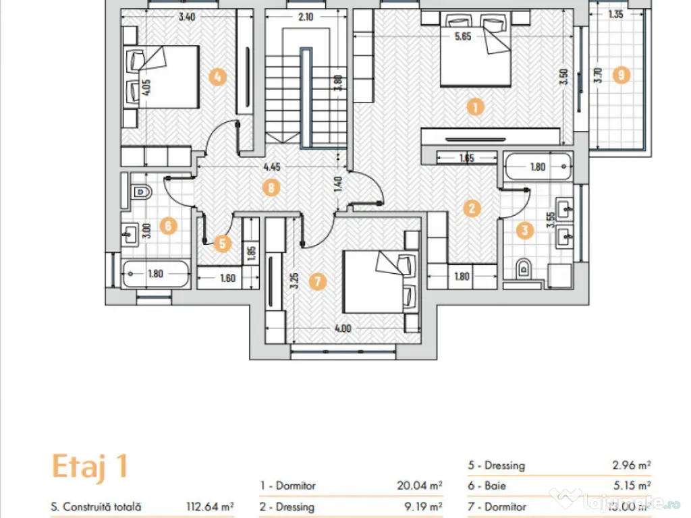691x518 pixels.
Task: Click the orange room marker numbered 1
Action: (476, 107)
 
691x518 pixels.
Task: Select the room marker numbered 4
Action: (217, 77)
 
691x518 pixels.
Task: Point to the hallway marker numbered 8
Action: (271, 188)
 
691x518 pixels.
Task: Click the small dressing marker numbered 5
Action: (223, 243)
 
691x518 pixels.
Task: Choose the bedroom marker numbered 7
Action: (318, 282)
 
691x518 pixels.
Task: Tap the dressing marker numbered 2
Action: (472, 208)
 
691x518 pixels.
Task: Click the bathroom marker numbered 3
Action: (525, 230)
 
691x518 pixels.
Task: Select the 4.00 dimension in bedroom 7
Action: (343, 329)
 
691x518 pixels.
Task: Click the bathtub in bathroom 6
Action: (156, 274)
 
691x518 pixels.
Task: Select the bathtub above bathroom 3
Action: (538, 167)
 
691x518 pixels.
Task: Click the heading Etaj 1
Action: (89, 467)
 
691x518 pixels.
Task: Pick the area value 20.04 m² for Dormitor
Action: (419, 486)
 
